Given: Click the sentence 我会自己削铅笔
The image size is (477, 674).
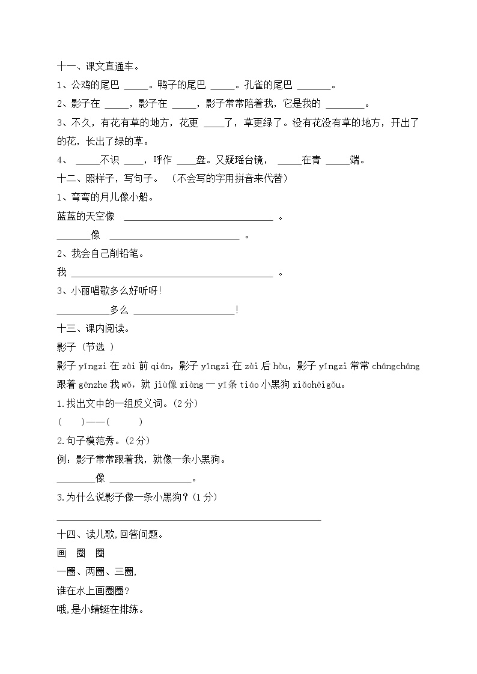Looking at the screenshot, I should (x=101, y=253).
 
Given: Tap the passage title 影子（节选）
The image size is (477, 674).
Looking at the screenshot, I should (x=85, y=347).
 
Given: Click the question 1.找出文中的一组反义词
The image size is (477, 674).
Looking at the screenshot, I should (x=127, y=403).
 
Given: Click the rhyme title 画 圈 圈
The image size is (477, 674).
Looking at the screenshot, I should (x=81, y=553).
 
